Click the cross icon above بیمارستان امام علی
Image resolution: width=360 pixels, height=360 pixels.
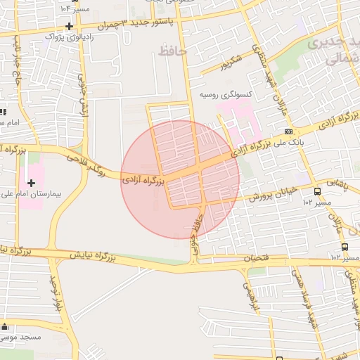(31, 183)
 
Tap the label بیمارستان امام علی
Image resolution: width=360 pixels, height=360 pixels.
(39, 192)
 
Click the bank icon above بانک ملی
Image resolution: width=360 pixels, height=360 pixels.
(288, 131)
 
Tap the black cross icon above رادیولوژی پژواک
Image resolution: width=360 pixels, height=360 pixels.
(69, 26)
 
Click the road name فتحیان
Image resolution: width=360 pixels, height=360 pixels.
(256, 258)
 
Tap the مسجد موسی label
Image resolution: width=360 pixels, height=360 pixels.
(21, 337)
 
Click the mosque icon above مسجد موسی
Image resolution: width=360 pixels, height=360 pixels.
(6, 327)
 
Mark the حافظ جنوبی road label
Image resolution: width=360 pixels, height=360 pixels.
(195, 236)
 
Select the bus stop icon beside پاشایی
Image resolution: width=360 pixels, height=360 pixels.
(318, 191)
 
